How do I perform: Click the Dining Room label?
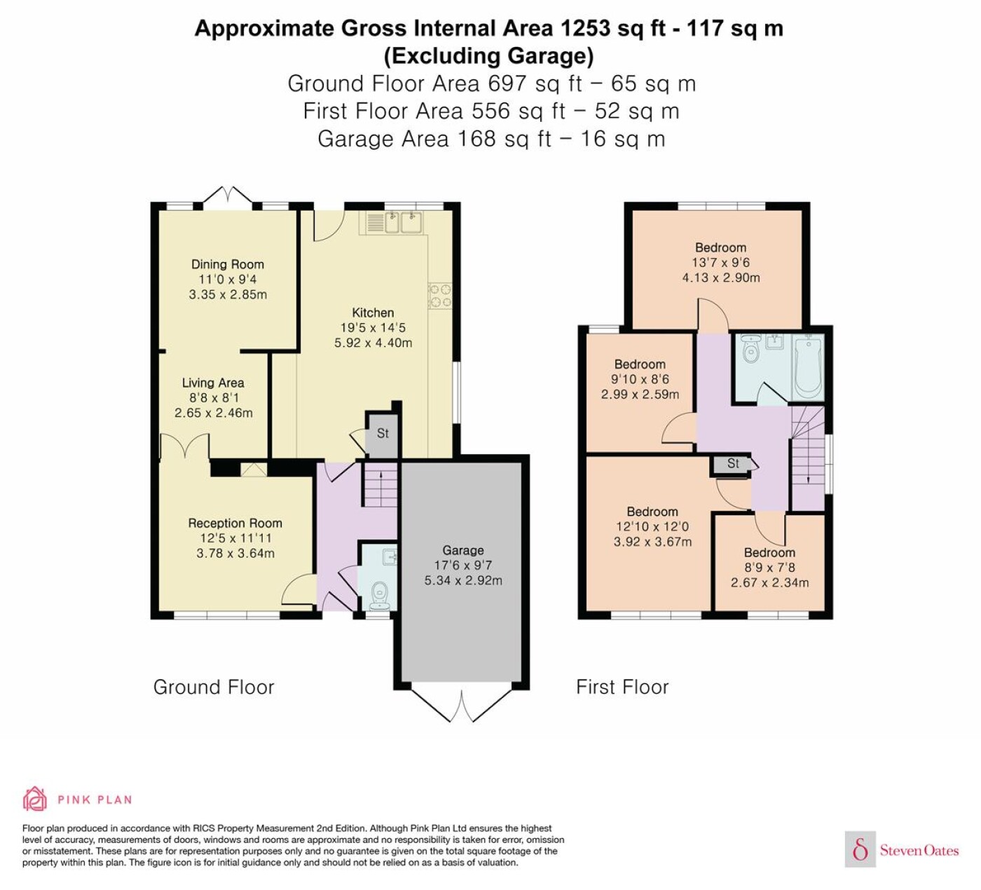(x=228, y=264)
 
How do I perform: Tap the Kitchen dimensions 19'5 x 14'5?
(x=373, y=327)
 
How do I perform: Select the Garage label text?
(x=463, y=550)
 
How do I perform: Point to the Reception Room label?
(x=235, y=523)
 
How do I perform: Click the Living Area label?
(x=213, y=383)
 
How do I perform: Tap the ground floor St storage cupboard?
(x=383, y=434)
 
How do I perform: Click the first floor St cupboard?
(x=732, y=463)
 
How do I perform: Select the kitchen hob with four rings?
(x=440, y=296)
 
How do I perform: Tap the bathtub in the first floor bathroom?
(x=809, y=367)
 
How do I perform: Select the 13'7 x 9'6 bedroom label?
(x=721, y=262)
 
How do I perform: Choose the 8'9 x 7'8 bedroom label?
(x=770, y=568)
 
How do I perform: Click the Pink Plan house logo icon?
(x=35, y=800)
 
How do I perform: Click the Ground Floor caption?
(x=214, y=687)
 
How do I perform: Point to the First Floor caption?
(x=622, y=687)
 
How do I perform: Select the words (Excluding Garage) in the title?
(x=488, y=56)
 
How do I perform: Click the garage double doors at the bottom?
(x=462, y=704)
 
